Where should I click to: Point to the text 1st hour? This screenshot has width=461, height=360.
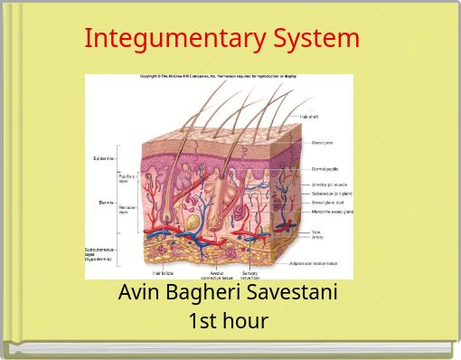point(229,320)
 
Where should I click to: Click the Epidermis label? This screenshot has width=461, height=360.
point(103,159)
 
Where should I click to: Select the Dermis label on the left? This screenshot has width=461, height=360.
point(105,203)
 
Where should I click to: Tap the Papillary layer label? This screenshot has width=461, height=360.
point(127,178)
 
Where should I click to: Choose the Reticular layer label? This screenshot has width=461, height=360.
point(128,209)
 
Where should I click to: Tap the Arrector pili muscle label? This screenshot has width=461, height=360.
point(330,185)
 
